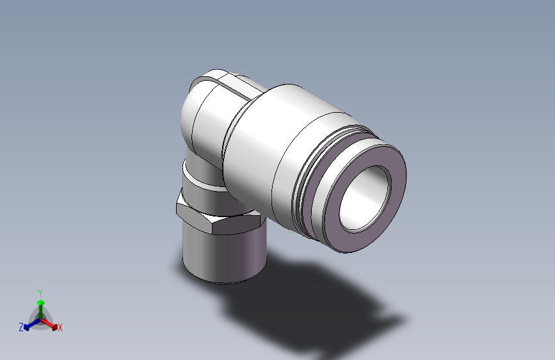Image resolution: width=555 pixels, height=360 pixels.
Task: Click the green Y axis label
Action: pyautogui.click(x=40, y=293)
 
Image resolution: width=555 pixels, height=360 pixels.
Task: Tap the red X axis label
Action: pyautogui.click(x=60, y=327)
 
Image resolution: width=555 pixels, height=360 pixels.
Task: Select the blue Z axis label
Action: pyautogui.click(x=21, y=327)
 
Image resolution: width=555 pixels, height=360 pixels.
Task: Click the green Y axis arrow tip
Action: pyautogui.click(x=41, y=302)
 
